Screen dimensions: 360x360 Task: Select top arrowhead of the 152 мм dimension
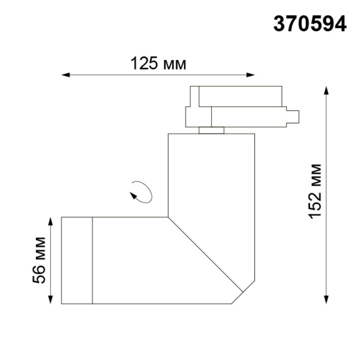[x=326, y=90]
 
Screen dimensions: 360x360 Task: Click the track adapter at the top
[x=240, y=108]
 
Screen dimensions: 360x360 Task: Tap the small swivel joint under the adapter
[x=211, y=131]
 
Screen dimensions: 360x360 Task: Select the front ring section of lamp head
[x=76, y=260]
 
